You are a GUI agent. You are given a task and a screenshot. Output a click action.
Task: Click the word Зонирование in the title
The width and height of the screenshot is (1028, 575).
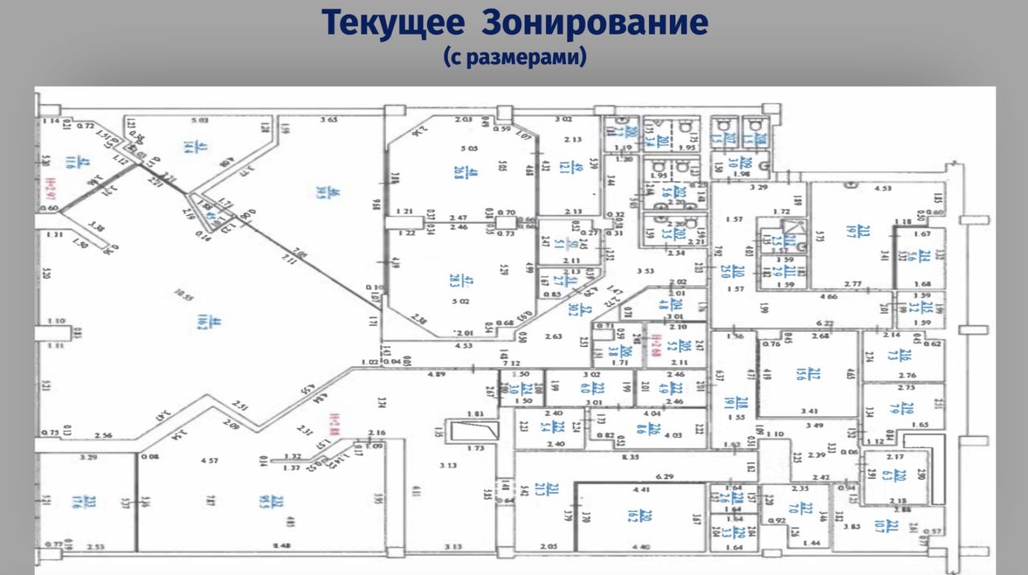(x=595, y=23)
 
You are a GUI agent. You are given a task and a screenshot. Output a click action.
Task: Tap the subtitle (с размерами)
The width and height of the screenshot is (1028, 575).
(x=514, y=58)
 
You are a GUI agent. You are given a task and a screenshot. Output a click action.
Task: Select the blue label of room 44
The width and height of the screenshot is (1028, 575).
(x=194, y=322)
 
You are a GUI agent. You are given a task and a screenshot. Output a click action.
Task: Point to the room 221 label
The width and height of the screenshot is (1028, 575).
(x=889, y=526)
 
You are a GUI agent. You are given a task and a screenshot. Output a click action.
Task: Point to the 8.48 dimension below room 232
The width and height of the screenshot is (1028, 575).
(x=281, y=547)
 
